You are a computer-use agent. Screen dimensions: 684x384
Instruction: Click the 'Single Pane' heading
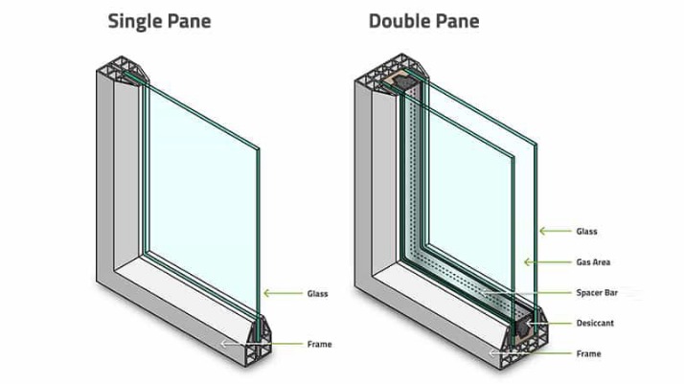click(159, 22)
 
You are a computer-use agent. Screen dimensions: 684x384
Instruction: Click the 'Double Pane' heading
click(424, 22)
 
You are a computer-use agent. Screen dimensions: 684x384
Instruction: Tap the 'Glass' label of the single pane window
click(318, 294)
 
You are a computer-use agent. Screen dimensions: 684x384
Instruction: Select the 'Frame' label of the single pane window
click(319, 345)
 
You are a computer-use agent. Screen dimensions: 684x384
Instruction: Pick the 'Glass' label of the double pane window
click(586, 232)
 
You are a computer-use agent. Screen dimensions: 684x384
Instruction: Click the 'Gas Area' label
click(593, 262)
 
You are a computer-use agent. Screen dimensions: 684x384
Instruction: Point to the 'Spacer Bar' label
click(597, 292)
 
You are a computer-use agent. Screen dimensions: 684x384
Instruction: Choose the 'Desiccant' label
click(595, 323)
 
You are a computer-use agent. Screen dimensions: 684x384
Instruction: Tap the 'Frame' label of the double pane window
click(588, 353)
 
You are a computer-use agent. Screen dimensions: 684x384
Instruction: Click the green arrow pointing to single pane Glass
click(284, 293)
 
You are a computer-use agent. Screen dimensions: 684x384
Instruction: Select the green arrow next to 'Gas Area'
click(547, 262)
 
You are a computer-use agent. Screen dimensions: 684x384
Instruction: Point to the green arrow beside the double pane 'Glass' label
click(555, 231)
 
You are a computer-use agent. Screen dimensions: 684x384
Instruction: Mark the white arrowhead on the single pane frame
click(224, 344)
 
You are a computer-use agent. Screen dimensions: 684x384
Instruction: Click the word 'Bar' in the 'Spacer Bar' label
click(610, 292)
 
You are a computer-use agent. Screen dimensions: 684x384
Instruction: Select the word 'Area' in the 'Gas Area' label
click(602, 262)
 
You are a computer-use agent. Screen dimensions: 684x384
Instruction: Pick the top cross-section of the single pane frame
click(123, 70)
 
